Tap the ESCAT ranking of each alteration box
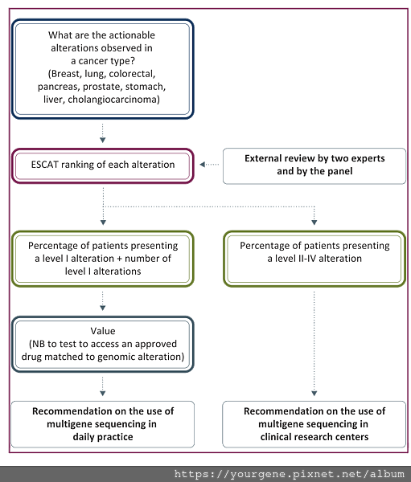pyautogui.click(x=103, y=165)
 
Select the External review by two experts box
pyautogui.click(x=314, y=166)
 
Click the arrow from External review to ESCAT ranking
pyautogui.click(x=209, y=165)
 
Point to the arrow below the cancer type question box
pyautogui.click(x=103, y=133)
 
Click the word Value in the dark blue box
pyautogui.click(x=103, y=331)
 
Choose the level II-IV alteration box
pyautogui.click(x=314, y=259)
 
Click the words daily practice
pyautogui.click(x=103, y=437)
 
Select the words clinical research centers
pyautogui.click(x=314, y=437)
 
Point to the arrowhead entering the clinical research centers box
pyautogui.click(x=314, y=394)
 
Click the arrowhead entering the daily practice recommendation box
pyautogui.click(x=103, y=394)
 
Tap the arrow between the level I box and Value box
pyautogui.click(x=103, y=301)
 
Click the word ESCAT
pyautogui.click(x=45, y=165)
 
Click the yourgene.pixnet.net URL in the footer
pyautogui.click(x=290, y=474)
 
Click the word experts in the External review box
pyautogui.click(x=368, y=158)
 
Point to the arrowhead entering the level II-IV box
pyautogui.click(x=314, y=223)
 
